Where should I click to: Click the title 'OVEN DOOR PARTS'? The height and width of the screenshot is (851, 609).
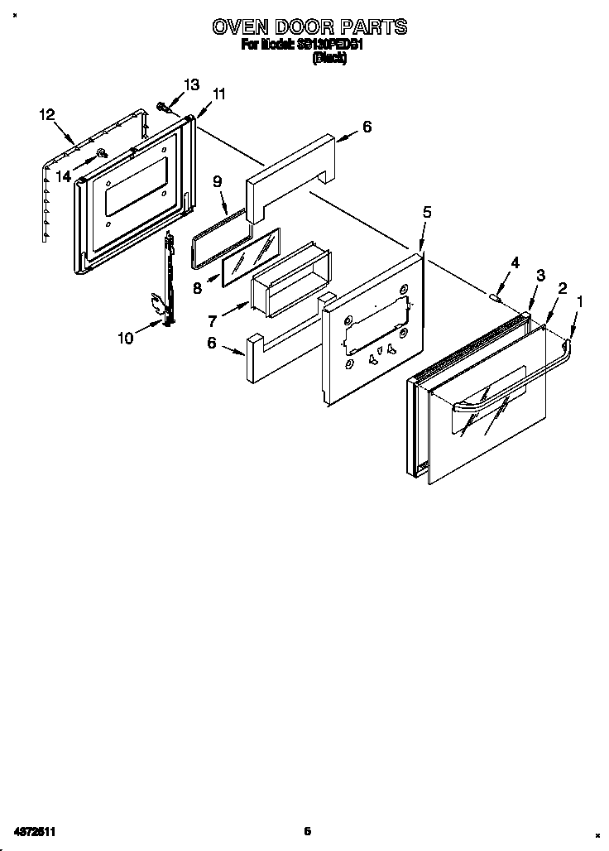309,26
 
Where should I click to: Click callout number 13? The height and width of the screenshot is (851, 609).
191,84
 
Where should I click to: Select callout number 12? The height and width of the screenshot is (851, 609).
47,115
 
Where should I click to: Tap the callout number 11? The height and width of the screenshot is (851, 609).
218,94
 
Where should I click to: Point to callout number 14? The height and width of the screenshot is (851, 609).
64,175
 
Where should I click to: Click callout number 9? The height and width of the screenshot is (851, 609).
218,181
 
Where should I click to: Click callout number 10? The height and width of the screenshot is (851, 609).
126,337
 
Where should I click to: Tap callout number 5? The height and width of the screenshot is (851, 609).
427,212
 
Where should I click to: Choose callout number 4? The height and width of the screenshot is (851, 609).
515,262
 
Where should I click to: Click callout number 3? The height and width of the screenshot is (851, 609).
540,276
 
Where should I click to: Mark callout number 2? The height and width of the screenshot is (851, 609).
562,288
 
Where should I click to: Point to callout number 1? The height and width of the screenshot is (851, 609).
579,302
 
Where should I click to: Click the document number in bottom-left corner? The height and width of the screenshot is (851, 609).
34,830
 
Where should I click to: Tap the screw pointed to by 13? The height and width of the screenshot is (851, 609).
162,106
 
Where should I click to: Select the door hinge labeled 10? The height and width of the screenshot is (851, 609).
170,281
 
